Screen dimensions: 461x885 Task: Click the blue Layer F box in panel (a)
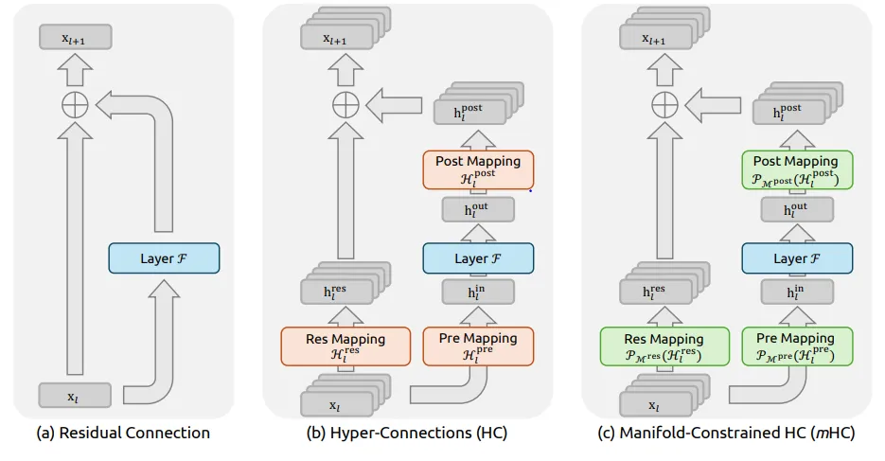tap(164, 258)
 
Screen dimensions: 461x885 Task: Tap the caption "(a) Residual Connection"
tap(122, 434)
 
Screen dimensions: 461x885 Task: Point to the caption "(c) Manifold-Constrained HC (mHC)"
tap(727, 434)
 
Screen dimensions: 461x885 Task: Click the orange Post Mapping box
tap(478, 169)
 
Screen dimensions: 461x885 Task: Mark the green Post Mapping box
tap(797, 169)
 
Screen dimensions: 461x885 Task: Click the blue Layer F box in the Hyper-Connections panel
tap(478, 258)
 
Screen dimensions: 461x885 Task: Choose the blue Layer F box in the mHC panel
tap(797, 258)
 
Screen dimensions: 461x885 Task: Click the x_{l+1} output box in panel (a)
tap(74, 38)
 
